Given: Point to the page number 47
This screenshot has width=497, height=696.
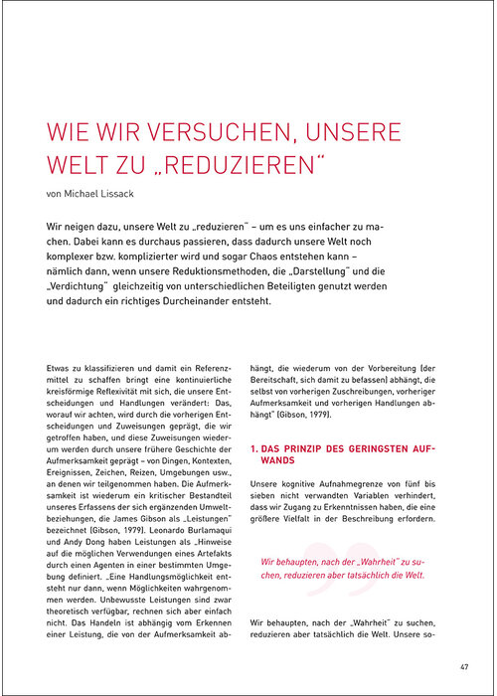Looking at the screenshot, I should tap(464, 665).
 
